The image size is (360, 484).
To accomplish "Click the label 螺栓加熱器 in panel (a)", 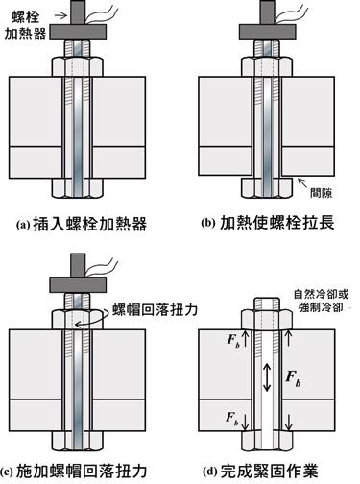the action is tap(25, 26).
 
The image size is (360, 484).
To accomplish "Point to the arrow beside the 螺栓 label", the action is tap(61, 15).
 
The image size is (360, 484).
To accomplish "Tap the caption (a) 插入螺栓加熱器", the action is tap(82, 224).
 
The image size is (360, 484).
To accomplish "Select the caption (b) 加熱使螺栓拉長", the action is tap(268, 223).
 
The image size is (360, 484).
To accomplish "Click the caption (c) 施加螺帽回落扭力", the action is tap(74, 472).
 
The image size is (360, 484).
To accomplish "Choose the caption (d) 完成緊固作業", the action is tap(260, 472).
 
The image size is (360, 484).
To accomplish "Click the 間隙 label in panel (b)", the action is tap(321, 193).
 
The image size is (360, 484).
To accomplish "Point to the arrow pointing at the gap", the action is tap(303, 183).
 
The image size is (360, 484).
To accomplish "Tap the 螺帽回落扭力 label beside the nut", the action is tap(155, 310).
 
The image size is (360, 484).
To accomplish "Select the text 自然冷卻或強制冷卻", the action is tap(322, 301).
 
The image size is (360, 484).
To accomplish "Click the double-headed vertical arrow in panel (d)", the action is tap(267, 377).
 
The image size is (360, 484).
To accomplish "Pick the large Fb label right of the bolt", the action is tap(293, 378).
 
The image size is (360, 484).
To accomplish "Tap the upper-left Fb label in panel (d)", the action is tap(233, 340).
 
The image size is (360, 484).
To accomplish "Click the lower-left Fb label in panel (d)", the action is tap(232, 419).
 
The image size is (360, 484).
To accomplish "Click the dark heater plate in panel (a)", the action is tap(78, 32).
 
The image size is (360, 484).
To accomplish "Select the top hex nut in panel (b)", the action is tap(267, 66).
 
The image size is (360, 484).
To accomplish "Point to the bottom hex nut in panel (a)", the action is tap(78, 188).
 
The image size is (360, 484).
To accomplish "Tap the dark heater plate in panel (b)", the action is tap(268, 32).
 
